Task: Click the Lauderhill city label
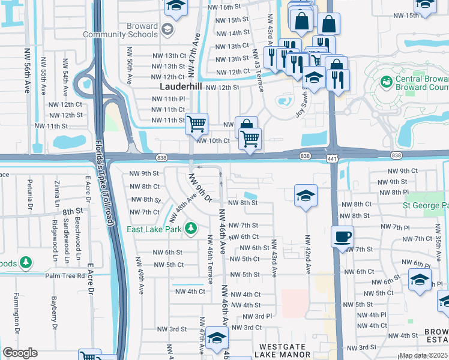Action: click(180, 86)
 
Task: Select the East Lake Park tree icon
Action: click(190, 228)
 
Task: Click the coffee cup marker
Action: click(342, 236)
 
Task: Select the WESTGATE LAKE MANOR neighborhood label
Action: click(285, 351)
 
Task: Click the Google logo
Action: click(20, 353)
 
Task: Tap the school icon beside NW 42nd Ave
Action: click(306, 196)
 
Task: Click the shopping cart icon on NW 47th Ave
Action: click(196, 125)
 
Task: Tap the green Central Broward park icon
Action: click(387, 81)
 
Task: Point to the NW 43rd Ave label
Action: click(274, 258)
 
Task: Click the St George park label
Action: click(426, 206)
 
